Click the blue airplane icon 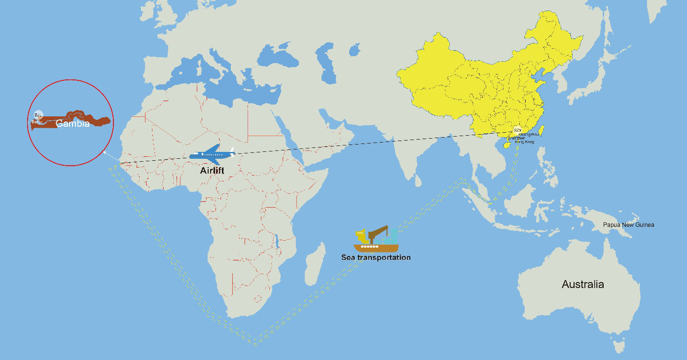pyautogui.click(x=212, y=155)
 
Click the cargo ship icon pyautogui.click(x=376, y=241)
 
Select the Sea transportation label pyautogui.click(x=376, y=257)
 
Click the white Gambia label pyautogui.click(x=72, y=124)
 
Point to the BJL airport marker pyautogui.click(x=38, y=114)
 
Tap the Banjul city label pyautogui.click(x=36, y=121)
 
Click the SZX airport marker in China pyautogui.click(x=517, y=131)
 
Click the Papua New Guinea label pyautogui.click(x=628, y=225)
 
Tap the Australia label pyautogui.click(x=582, y=285)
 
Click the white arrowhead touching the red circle pyautogui.click(x=105, y=153)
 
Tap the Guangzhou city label pyautogui.click(x=529, y=134)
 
